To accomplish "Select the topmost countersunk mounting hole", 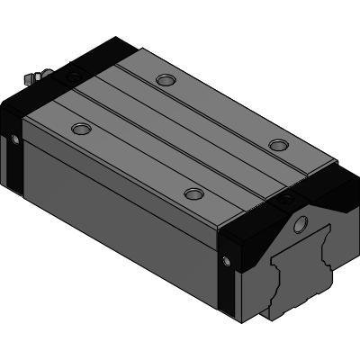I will (164, 80).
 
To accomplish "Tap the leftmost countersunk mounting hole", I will (81, 128).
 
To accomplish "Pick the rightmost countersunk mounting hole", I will (278, 145).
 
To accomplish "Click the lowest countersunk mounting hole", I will (192, 193).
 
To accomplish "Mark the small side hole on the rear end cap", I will (14, 139).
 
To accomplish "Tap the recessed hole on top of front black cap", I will (288, 193).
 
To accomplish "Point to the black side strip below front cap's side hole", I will (230, 297).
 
